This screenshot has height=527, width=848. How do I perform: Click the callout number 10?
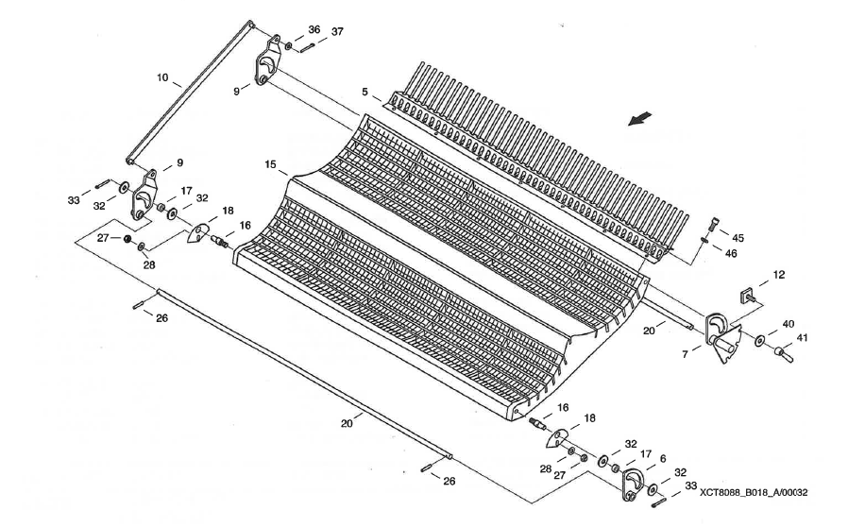point(161,76)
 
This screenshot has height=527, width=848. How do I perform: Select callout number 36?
point(314,29)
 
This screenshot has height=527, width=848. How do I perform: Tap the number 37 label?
point(337,30)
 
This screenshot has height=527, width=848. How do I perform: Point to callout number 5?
point(363,93)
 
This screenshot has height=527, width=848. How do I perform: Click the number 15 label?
point(270,164)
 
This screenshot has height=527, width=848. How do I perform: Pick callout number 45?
point(738,238)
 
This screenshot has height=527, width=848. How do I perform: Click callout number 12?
point(779,275)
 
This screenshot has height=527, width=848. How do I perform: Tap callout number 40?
point(788,323)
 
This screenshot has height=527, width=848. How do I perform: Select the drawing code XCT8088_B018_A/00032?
point(754,492)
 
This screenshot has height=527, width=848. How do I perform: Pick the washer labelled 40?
point(759,339)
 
